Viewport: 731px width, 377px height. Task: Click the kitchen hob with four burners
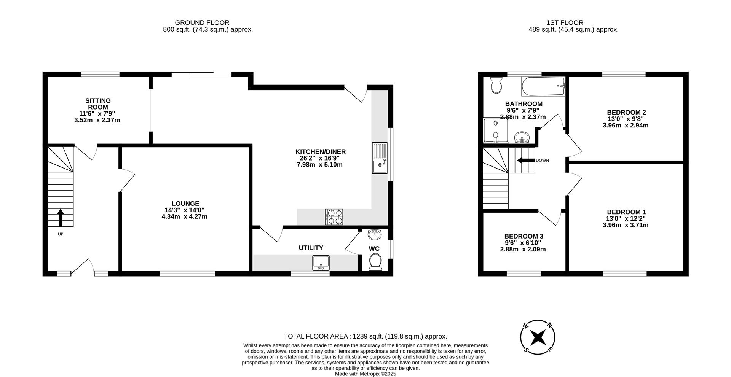coord(334,217)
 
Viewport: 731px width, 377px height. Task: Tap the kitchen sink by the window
coord(380,158)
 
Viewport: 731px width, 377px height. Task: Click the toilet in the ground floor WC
coord(375,262)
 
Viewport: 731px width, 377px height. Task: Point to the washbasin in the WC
coord(375,234)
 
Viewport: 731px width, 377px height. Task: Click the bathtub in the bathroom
coord(543,86)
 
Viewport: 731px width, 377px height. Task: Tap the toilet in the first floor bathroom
coord(496,85)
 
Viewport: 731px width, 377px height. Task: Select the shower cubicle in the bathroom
coord(496,130)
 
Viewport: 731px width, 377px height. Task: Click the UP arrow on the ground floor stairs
coord(60,217)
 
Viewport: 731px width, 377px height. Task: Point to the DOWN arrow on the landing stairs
coord(526,161)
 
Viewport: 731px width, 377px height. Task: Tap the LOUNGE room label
coord(185,204)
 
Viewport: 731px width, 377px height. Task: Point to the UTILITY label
coord(311,248)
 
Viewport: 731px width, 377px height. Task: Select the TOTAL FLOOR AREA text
coord(365,336)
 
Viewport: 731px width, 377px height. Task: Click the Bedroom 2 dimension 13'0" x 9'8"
coord(626,119)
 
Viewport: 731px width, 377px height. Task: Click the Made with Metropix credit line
coord(365,374)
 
